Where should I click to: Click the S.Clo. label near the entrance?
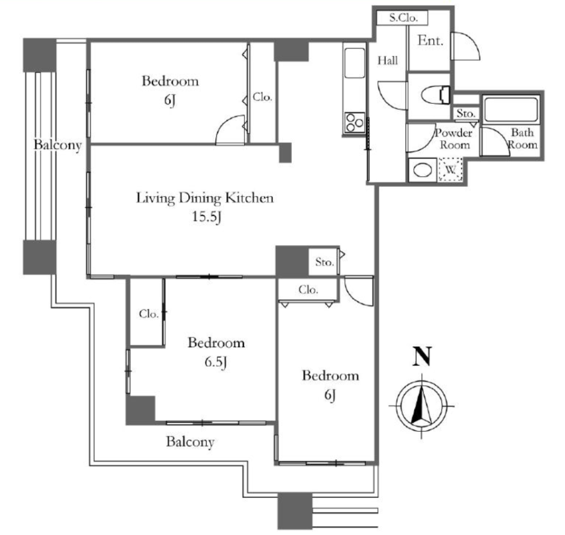pyautogui.click(x=403, y=18)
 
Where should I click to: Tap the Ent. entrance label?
pyautogui.click(x=430, y=40)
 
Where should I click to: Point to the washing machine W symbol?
pyautogui.click(x=450, y=169)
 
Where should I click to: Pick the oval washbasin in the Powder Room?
pyautogui.click(x=423, y=170)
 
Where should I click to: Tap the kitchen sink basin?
pyautogui.click(x=355, y=63)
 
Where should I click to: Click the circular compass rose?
pyautogui.click(x=422, y=406)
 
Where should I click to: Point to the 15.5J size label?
pyautogui.click(x=206, y=217)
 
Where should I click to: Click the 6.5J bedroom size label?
pyautogui.click(x=216, y=362)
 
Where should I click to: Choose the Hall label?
pyautogui.click(x=388, y=61)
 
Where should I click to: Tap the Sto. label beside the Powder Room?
pyautogui.click(x=466, y=113)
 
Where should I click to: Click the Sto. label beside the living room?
pyautogui.click(x=324, y=262)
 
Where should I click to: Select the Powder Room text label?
pyautogui.click(x=454, y=139)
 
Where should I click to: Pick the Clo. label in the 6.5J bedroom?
pyautogui.click(x=149, y=314)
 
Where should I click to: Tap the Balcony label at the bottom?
pyautogui.click(x=190, y=442)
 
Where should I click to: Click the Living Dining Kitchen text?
pyautogui.click(x=205, y=198)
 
